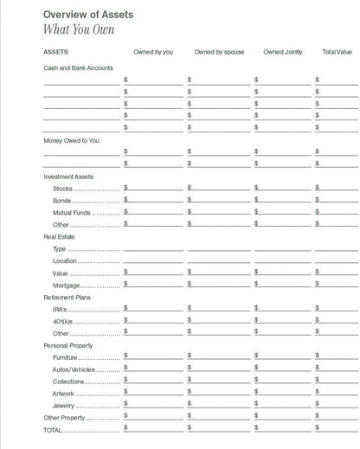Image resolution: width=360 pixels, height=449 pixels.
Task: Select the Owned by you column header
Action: click(153, 52)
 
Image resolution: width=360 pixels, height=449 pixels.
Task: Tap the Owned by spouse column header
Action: click(219, 52)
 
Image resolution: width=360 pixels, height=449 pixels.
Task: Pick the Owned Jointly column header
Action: click(284, 52)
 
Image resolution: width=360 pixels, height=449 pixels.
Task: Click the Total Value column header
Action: click(339, 52)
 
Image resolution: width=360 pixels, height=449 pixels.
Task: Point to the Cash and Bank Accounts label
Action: click(78, 67)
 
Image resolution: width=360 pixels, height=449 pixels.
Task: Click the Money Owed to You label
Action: click(71, 140)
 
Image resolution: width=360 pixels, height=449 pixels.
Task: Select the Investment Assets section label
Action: click(68, 176)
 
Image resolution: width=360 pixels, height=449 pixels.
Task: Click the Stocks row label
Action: click(62, 189)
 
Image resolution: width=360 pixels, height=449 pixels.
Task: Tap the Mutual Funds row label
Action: click(71, 212)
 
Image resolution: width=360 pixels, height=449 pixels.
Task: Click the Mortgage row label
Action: click(67, 285)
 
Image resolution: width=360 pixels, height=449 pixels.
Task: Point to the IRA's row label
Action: click(61, 309)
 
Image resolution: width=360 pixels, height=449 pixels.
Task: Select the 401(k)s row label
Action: click(62, 321)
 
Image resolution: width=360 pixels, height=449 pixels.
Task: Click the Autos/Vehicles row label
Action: click(74, 369)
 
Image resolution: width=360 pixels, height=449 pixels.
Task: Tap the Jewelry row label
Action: click(63, 406)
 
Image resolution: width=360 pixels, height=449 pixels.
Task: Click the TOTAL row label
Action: click(54, 430)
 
